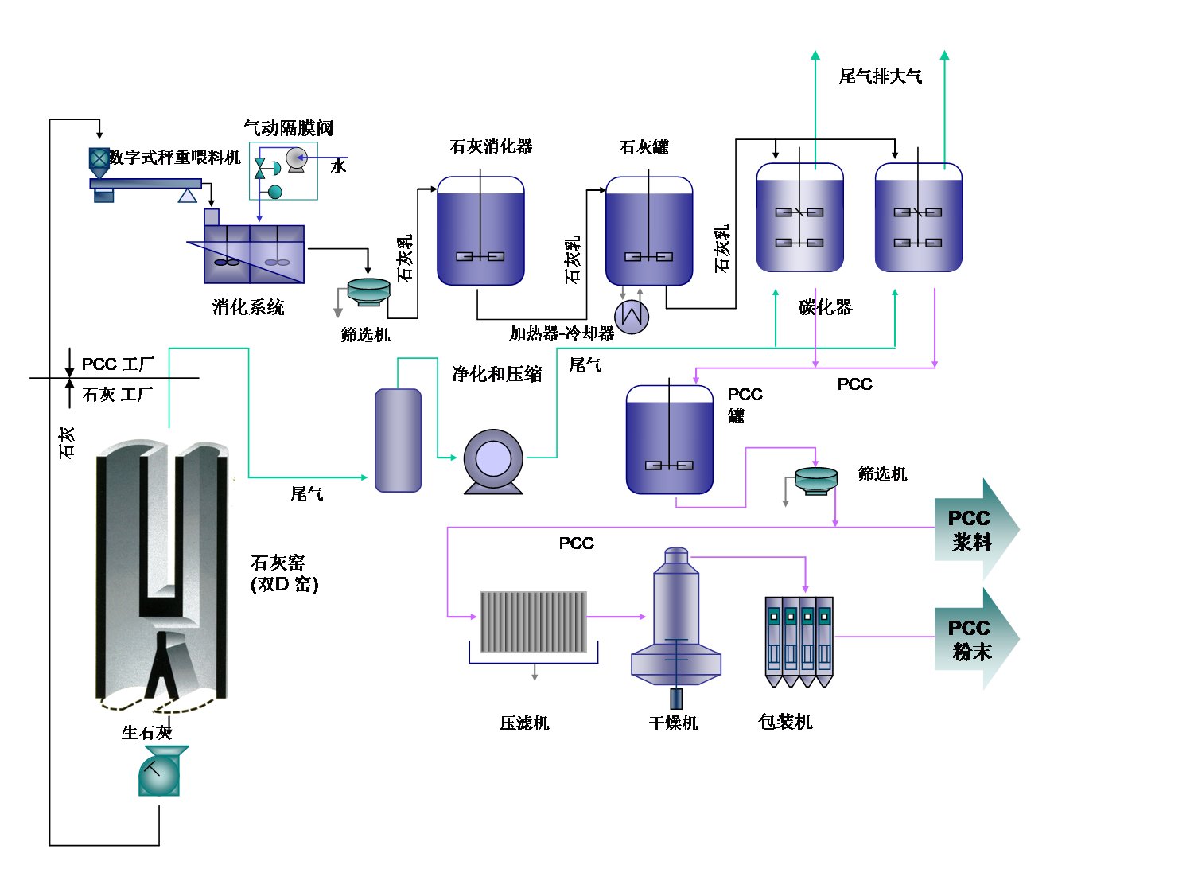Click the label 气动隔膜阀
coord(288,128)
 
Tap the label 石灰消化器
coord(491,146)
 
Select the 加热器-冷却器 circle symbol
coord(632,316)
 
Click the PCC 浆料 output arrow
coord(975,529)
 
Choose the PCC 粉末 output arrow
coord(975,639)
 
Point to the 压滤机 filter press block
coord(534,621)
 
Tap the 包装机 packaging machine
coord(799,641)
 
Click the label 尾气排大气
coord(881,76)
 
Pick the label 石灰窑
coord(278,563)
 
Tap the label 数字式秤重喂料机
coord(175,158)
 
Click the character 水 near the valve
coord(339,166)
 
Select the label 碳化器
coord(825,307)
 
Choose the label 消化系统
coord(248,307)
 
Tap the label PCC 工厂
coord(118,364)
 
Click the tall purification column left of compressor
coord(398,440)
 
